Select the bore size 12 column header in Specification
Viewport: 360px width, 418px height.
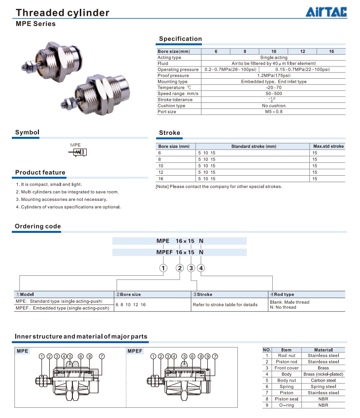click(x=302, y=52)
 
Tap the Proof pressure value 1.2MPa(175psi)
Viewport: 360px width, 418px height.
click(x=274, y=75)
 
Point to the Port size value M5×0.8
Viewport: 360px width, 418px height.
click(x=274, y=111)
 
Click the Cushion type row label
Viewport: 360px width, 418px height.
click(x=171, y=105)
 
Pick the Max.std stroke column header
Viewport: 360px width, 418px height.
click(x=328, y=146)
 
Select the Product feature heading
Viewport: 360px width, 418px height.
click(x=40, y=172)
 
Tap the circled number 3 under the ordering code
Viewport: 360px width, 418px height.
click(x=191, y=268)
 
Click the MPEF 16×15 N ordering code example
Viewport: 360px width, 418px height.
click(x=179, y=252)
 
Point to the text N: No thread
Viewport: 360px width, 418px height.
click(x=283, y=307)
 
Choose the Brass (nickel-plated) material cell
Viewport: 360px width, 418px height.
click(x=323, y=374)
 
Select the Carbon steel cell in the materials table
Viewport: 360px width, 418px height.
click(x=323, y=380)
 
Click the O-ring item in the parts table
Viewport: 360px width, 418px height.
click(x=286, y=405)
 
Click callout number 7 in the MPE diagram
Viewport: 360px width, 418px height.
click(x=102, y=356)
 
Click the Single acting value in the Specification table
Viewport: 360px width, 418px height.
click(x=274, y=58)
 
